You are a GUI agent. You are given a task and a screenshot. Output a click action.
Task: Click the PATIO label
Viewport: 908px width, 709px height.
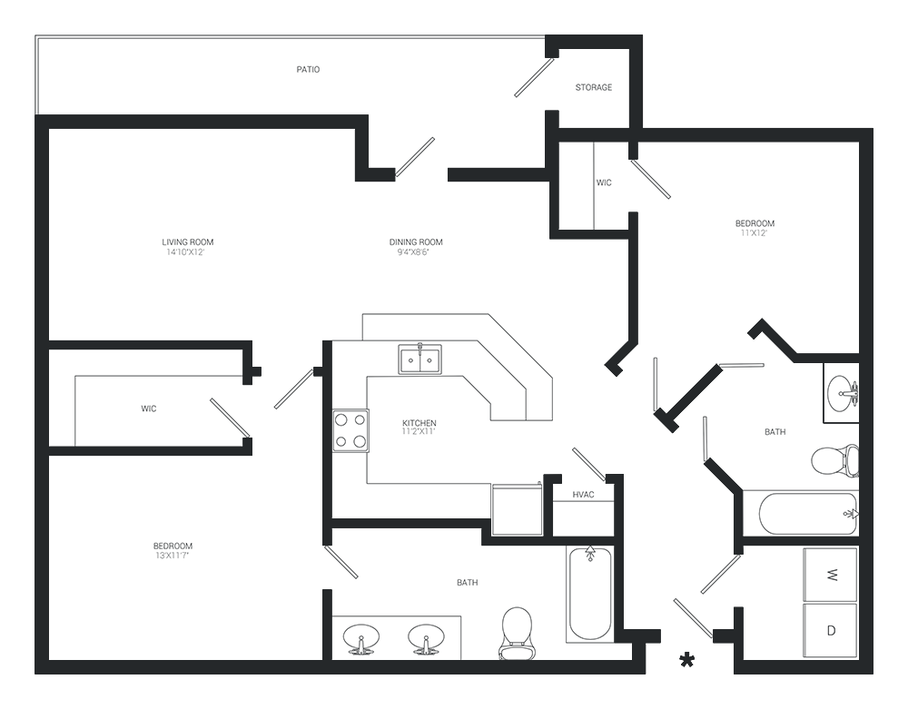pos(308,70)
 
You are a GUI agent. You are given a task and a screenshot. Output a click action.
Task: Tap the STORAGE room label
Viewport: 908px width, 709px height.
pos(594,87)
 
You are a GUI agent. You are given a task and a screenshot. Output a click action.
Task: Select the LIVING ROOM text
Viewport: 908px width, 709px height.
pos(188,241)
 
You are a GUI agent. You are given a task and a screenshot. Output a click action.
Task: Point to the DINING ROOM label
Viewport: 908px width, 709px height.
pos(416,241)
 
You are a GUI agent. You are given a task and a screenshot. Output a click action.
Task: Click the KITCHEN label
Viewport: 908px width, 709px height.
pos(419,423)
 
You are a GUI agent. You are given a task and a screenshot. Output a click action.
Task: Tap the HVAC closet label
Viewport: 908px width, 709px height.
pos(583,495)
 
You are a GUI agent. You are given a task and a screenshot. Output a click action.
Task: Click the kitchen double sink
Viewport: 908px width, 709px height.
pos(419,359)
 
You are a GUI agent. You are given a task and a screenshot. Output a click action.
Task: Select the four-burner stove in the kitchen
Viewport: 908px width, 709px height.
pos(350,430)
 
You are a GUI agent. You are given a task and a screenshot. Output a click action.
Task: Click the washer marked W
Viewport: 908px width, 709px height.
pos(831,575)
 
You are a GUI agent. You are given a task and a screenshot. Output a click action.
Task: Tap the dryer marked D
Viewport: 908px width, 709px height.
pos(831,631)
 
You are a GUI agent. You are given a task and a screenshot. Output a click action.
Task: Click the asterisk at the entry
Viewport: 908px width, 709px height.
pos(686,660)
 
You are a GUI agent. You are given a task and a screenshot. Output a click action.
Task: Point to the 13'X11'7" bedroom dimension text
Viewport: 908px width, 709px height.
pos(172,556)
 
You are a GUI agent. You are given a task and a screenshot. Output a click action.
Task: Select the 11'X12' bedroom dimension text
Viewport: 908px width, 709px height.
pos(754,233)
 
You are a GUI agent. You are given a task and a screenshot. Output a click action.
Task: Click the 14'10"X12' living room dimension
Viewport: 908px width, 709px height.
pos(185,252)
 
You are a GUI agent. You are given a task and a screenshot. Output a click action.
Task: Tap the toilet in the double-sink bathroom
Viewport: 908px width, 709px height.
pos(516,633)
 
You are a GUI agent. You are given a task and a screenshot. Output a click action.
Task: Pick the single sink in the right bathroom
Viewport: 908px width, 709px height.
pos(842,392)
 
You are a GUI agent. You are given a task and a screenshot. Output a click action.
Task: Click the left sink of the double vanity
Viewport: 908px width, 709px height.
pos(361,639)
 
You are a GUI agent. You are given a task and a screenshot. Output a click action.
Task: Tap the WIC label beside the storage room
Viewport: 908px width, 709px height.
pos(604,182)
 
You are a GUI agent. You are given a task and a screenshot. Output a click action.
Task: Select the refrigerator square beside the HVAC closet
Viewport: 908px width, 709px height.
pos(518,510)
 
